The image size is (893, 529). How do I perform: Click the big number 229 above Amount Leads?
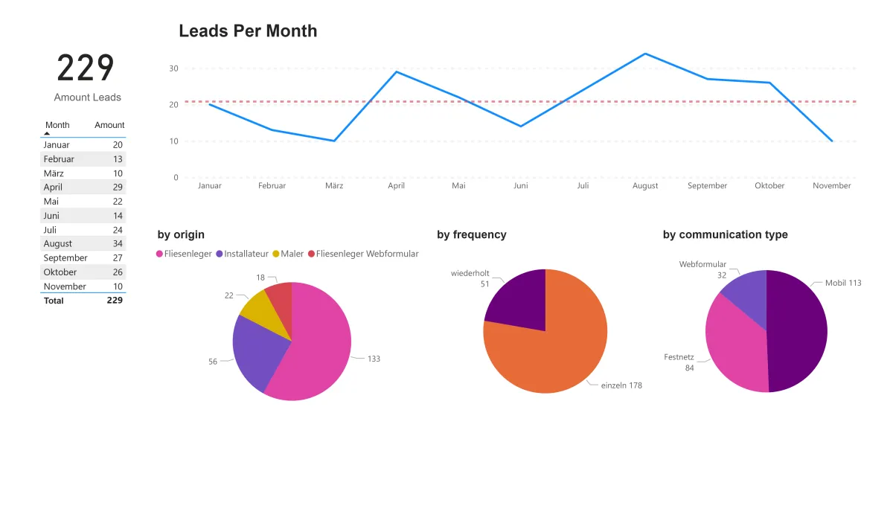[x=86, y=68]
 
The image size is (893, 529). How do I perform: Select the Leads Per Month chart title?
[x=248, y=31]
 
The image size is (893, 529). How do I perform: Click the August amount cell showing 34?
[x=118, y=243]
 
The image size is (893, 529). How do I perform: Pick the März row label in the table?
[x=54, y=173]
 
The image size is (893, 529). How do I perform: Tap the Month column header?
[x=57, y=125]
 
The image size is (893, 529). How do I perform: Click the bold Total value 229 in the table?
[x=115, y=301]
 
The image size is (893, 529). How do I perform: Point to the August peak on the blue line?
[x=644, y=54]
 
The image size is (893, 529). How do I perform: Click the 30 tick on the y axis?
[x=173, y=68]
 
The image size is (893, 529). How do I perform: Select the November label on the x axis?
[x=831, y=186]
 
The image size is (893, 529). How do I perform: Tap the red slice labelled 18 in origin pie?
[x=280, y=296]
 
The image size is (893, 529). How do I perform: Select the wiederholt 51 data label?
[x=470, y=278]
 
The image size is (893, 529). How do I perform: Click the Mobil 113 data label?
[x=843, y=283]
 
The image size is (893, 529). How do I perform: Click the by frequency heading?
[x=471, y=234]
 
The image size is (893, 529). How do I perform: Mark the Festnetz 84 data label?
[x=679, y=362]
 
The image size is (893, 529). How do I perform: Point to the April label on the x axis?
[x=396, y=186]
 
